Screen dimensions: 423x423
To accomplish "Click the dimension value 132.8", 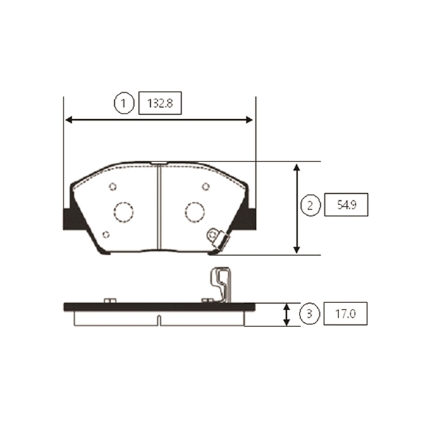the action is (x=160, y=104).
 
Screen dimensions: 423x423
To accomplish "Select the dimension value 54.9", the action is (x=347, y=205).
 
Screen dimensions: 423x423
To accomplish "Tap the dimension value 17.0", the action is (x=345, y=314).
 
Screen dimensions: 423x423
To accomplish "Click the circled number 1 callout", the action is (x=124, y=103).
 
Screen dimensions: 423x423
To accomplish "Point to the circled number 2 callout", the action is (x=310, y=205).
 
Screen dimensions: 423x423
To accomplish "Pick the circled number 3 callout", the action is (x=309, y=314).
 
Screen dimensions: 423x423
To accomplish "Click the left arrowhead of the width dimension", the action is (x=69, y=120).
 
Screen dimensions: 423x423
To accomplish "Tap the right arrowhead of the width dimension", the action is (x=250, y=120).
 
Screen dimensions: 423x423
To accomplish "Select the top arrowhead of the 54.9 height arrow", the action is (x=297, y=167).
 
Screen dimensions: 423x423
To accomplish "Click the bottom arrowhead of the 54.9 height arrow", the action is (x=297, y=250).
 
